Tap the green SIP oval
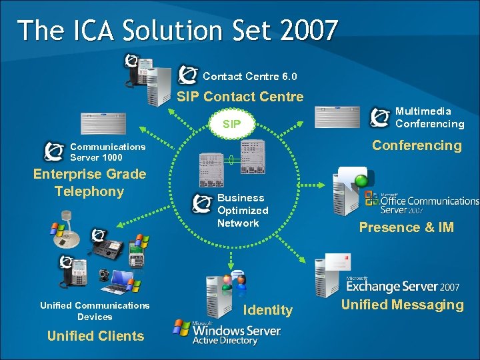[x=232, y=123]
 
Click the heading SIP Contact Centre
[x=240, y=97]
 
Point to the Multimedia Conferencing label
[x=429, y=117]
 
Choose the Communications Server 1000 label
[x=107, y=152]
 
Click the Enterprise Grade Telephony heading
[x=89, y=183]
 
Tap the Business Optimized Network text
[x=243, y=210]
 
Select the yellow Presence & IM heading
[x=406, y=227]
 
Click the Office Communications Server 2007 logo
[x=421, y=203]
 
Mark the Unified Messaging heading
[x=402, y=305]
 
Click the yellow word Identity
[x=268, y=309]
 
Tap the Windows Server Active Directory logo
[x=227, y=332]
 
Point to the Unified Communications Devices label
[x=95, y=311]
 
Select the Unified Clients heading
[x=95, y=336]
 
